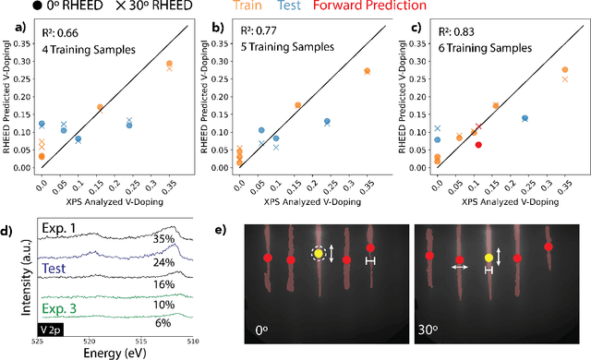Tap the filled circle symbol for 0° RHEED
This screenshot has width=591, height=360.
(x=9, y=8)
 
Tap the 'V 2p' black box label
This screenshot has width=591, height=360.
(x=51, y=327)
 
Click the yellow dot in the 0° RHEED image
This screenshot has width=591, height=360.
(x=319, y=253)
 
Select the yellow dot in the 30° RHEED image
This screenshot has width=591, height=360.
(x=488, y=258)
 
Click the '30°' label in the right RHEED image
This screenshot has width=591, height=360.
(x=433, y=329)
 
